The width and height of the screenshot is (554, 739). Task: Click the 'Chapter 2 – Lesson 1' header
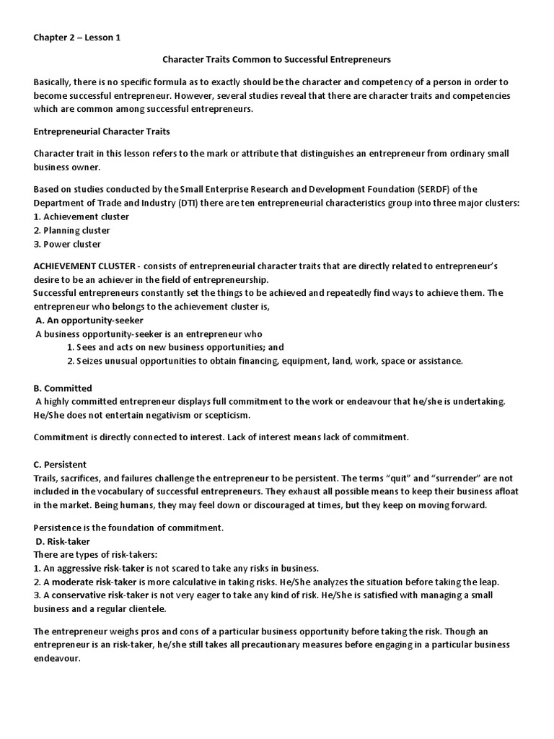point(77,38)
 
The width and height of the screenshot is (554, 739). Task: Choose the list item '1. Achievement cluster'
point(82,217)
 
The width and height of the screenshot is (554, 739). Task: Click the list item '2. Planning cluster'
point(72,230)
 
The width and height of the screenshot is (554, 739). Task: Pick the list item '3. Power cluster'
point(67,244)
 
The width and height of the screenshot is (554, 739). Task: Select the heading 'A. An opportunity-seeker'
point(89,320)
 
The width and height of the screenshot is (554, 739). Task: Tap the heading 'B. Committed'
point(63,388)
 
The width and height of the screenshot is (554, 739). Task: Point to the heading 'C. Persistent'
point(61,464)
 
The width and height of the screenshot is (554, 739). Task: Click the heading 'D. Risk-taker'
point(63,541)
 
